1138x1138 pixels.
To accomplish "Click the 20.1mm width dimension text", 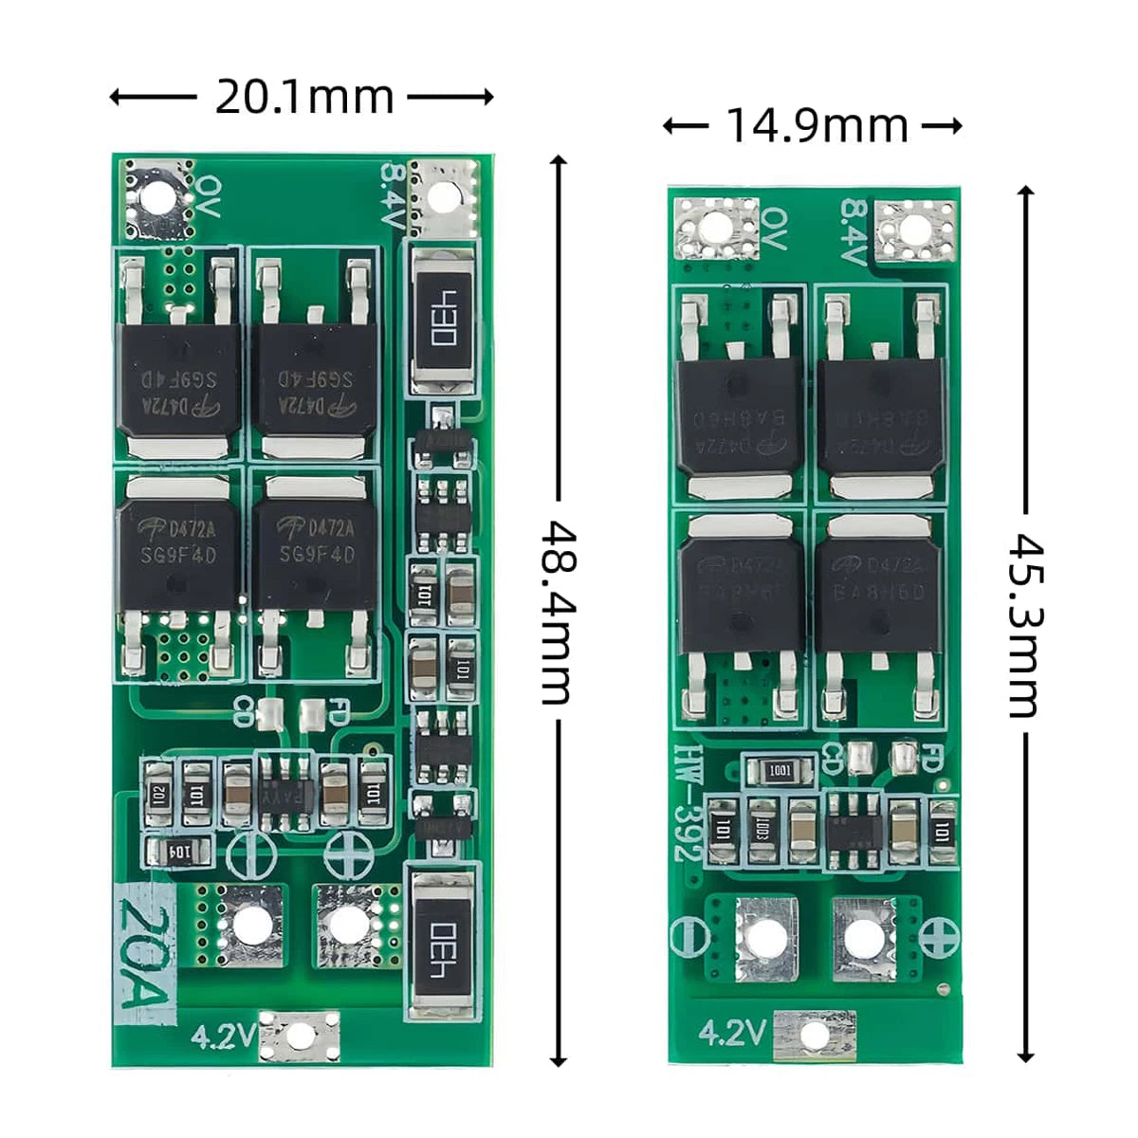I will [303, 97].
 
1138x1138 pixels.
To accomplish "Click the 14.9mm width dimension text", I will [816, 125].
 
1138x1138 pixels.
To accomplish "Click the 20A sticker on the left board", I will [145, 953].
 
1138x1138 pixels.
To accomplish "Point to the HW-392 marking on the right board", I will [687, 802].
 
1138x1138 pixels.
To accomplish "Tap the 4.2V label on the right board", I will [731, 1032].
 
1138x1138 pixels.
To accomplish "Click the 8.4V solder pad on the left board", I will [442, 197].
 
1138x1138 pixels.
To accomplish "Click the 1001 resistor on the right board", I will [780, 771].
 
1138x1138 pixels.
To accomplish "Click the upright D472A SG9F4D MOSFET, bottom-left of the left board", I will [178, 545].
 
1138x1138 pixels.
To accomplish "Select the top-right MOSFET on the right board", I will [882, 417].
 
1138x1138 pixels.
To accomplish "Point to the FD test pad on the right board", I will [904, 757].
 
